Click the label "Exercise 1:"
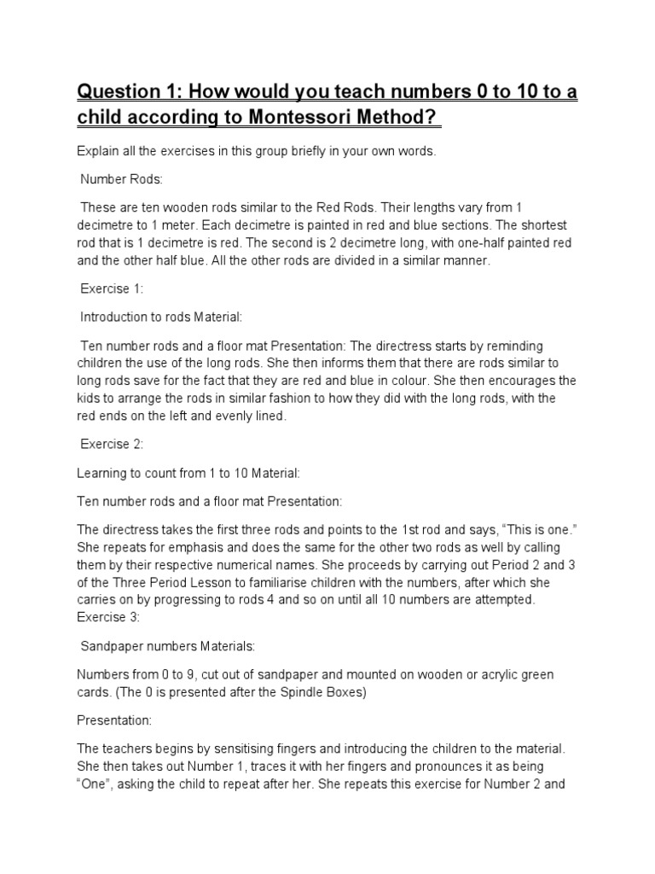112,289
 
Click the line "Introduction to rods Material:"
161,317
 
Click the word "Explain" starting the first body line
97,151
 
